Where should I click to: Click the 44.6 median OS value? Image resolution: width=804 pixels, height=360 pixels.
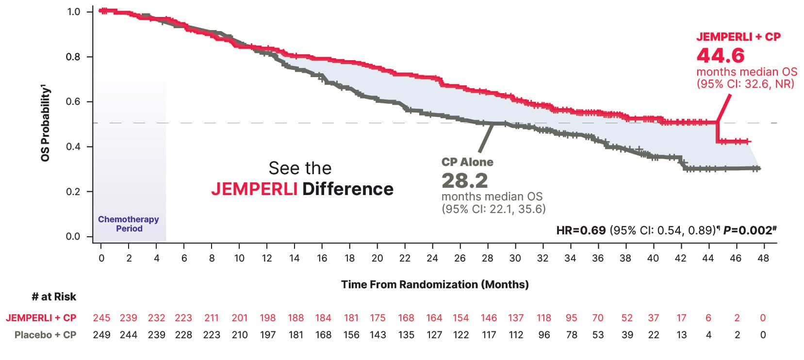point(720,55)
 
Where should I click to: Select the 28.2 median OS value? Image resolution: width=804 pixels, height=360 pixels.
point(464,180)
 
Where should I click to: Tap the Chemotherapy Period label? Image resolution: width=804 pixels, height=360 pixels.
point(129,224)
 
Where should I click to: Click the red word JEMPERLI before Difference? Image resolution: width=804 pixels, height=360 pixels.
point(254,189)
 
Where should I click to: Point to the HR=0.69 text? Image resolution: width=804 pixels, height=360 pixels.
point(581,230)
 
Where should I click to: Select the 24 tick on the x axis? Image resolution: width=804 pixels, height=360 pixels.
point(432,258)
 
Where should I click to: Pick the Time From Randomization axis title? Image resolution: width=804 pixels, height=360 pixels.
point(435,284)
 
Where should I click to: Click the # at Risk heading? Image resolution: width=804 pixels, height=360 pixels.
point(54,296)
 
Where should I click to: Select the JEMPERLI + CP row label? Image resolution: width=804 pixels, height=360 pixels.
point(41,318)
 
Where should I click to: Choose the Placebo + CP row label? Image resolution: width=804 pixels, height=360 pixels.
point(46,335)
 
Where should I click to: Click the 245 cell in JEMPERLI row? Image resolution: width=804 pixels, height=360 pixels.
point(101,318)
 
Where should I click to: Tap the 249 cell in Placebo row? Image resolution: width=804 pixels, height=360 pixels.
point(101,335)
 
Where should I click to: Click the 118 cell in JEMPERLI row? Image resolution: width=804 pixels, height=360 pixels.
point(543,318)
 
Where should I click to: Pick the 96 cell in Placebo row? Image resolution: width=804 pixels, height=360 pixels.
point(544,335)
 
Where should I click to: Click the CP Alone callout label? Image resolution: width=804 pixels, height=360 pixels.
point(467,162)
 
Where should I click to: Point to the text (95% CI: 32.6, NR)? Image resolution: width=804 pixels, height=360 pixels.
point(745,83)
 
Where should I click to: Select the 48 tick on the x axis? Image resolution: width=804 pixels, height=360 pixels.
point(763,258)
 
